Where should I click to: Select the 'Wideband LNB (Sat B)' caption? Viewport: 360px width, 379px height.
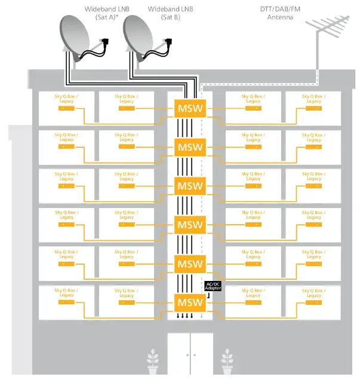[x=171, y=13]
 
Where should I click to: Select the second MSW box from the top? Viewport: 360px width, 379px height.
[x=189, y=146]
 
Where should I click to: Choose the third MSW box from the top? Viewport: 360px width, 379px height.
[x=189, y=185]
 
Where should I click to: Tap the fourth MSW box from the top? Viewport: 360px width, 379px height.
[x=189, y=225]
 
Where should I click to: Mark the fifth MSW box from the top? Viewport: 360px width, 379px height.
[x=189, y=264]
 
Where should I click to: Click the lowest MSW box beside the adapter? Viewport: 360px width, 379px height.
[x=189, y=302]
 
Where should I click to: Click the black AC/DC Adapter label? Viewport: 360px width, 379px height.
[x=213, y=286]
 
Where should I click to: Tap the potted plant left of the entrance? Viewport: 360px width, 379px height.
[x=153, y=362]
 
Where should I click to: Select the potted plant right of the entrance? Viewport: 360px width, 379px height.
[x=227, y=362]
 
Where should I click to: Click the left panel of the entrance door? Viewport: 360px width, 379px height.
[x=179, y=354]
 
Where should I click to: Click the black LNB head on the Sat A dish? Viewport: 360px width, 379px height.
[x=106, y=43]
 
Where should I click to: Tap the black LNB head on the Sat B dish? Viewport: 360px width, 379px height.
[x=168, y=43]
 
